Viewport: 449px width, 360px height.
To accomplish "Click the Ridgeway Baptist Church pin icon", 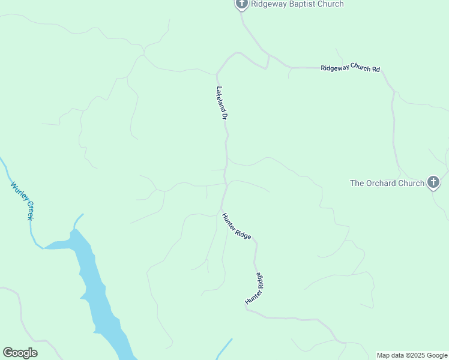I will [241, 4].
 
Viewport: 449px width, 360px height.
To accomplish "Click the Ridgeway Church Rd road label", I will [350, 69].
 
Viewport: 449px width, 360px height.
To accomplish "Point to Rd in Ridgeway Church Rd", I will [376, 70].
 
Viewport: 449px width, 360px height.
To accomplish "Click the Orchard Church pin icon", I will [433, 182].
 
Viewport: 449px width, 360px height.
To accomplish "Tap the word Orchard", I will [381, 183].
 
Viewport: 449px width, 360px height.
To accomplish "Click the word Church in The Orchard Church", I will [411, 183].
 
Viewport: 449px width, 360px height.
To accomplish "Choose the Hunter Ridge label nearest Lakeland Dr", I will [236, 227].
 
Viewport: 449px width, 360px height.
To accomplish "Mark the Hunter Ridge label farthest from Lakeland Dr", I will [255, 289].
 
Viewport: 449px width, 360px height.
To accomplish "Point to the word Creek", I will [28, 210].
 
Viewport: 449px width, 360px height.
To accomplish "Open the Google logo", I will [20, 353].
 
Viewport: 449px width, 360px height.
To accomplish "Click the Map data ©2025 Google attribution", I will [412, 355].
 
